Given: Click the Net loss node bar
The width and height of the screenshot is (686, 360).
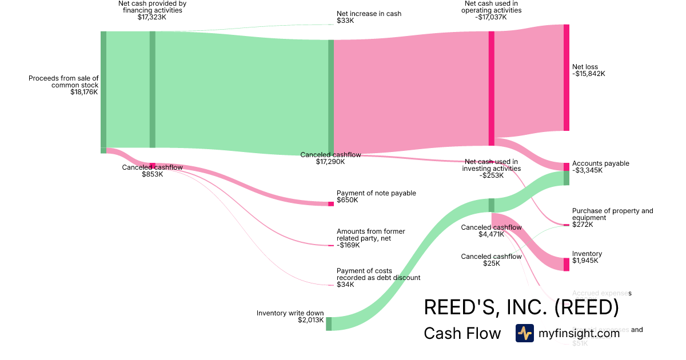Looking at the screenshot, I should point(567,78).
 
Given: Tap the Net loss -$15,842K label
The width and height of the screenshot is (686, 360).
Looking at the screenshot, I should point(588,70).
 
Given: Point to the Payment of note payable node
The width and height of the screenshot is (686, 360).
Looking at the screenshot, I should point(330,204).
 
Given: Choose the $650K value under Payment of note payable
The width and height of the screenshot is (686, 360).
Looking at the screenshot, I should point(348,201).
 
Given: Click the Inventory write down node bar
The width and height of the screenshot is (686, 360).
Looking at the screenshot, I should point(329,324).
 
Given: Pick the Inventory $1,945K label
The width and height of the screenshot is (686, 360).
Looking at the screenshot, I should point(587,257).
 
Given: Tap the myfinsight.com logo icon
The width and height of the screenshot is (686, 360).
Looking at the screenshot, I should point(524,333).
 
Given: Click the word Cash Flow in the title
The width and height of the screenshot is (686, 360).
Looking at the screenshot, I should point(462,333).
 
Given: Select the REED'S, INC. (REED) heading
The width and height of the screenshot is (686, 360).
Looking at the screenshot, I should point(521,307).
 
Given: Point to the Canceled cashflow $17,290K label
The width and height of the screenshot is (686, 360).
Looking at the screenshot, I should point(331,158).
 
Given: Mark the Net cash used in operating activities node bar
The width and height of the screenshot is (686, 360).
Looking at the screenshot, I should point(491,89).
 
